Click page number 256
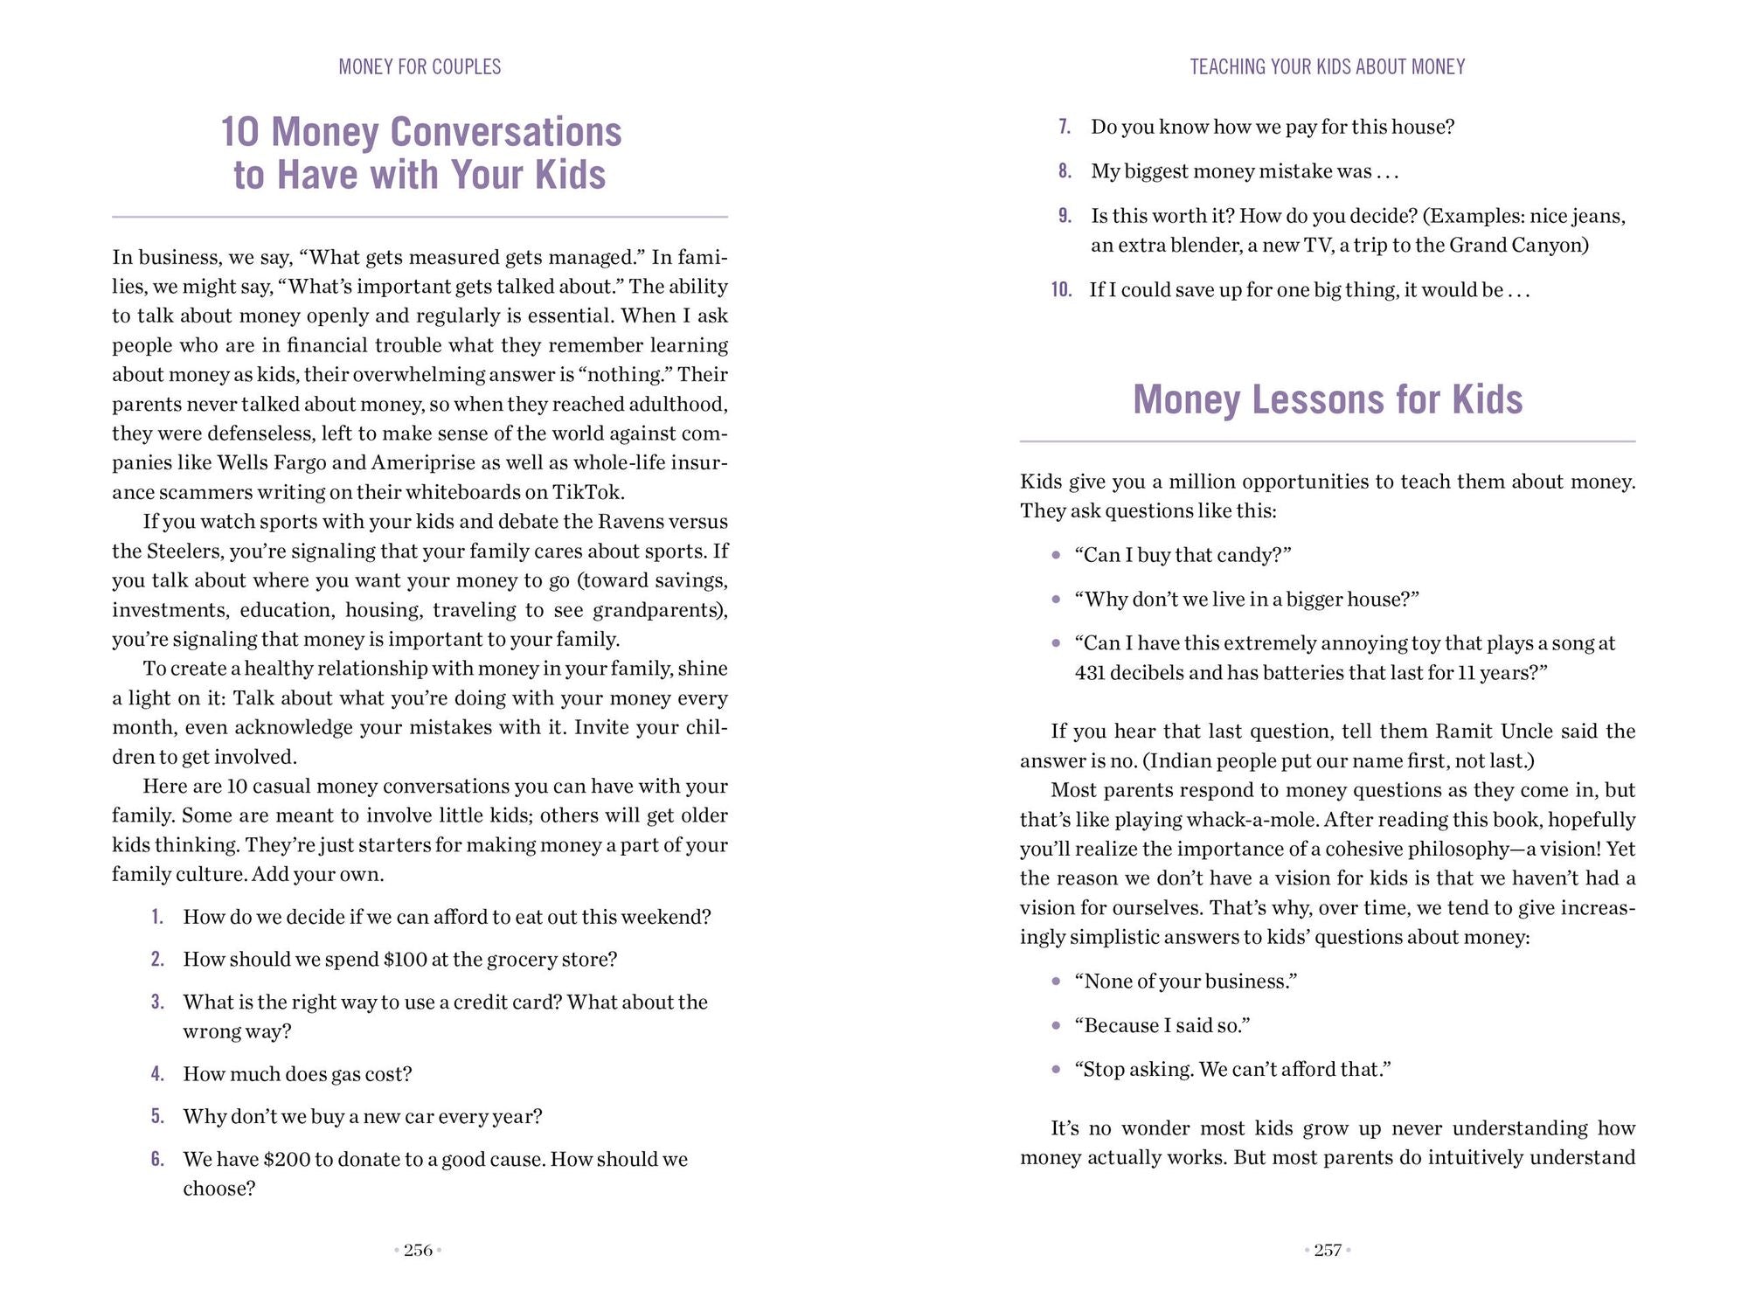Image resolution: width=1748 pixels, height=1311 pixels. click(419, 1251)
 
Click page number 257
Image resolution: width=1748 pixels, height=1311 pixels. click(1328, 1251)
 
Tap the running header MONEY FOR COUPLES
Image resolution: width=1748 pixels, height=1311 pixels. click(420, 67)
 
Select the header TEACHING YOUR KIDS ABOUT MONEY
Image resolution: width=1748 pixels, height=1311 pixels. click(1328, 67)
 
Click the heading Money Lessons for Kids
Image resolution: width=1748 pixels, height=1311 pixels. click(1328, 399)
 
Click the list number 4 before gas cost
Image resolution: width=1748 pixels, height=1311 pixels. click(158, 1074)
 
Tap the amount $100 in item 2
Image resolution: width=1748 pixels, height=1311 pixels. click(406, 960)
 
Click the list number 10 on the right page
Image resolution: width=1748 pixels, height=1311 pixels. click(1062, 290)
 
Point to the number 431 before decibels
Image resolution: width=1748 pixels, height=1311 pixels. click(1092, 673)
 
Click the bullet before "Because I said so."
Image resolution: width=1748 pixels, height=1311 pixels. click(1056, 1026)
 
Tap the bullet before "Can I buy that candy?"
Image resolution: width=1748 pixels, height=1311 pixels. click(1056, 556)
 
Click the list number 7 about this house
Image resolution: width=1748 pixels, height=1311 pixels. click(1065, 128)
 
